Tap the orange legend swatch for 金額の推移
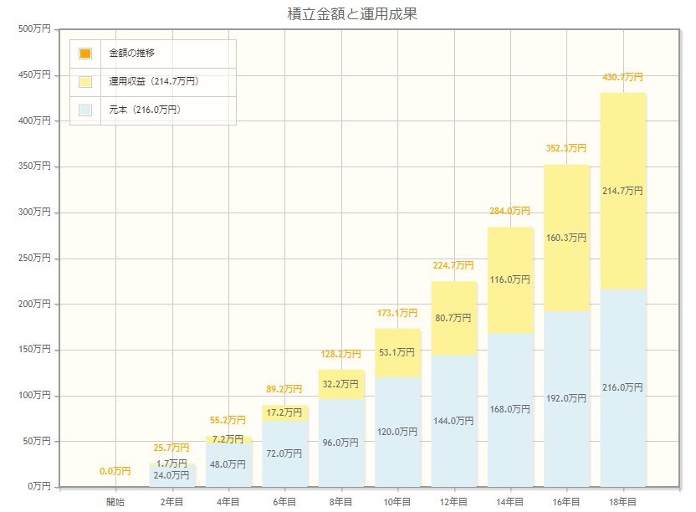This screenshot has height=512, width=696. [85, 54]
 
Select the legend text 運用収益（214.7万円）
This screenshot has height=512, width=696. [153, 82]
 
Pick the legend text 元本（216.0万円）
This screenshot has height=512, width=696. [145, 110]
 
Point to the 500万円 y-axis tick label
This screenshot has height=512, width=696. [34, 29]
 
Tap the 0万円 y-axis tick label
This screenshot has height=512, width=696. [38, 486]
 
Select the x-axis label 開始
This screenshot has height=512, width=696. [115, 502]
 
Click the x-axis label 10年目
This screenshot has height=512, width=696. [397, 502]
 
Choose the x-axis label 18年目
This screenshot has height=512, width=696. [622, 502]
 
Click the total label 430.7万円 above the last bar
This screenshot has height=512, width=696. [622, 77]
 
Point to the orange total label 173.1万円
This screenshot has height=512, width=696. [397, 313]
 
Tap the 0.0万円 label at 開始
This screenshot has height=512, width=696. [115, 471]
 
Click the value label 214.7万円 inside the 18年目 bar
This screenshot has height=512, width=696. [622, 191]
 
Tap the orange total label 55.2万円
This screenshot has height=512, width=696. [228, 419]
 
